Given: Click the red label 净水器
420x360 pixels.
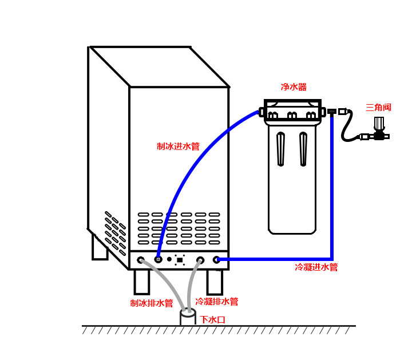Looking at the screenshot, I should pos(294,87).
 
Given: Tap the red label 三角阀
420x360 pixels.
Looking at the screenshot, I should pos(378,107).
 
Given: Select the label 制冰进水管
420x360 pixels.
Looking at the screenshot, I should pos(178,147).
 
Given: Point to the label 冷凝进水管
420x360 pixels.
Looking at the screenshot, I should pos(316,267).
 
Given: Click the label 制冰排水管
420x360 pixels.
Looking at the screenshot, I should pos(152,303).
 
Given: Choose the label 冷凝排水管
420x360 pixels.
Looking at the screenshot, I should pos(217,301).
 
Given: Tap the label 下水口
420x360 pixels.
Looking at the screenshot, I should pos(212,320).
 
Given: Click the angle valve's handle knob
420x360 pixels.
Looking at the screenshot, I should pos(379,123).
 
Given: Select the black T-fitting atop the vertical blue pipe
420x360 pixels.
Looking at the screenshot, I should pos(332,112).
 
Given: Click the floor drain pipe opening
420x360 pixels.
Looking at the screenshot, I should pos(188,313).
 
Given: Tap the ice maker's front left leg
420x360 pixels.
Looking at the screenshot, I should pos(141,282).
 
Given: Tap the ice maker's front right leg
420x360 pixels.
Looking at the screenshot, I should pos(215,282).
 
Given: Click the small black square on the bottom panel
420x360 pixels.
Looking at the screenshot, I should pos(180,260).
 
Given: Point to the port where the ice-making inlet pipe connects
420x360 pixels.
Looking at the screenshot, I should pos(159,259).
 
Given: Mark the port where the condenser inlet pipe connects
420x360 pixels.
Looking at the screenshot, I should pos(217,260).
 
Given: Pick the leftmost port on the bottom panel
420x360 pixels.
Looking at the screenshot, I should pos(141,260).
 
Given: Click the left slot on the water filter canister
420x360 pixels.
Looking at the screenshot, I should pos(280,149).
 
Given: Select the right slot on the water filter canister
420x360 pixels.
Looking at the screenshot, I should pos(303,149).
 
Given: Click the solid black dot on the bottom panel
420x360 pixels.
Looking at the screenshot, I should pos(169,259).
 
